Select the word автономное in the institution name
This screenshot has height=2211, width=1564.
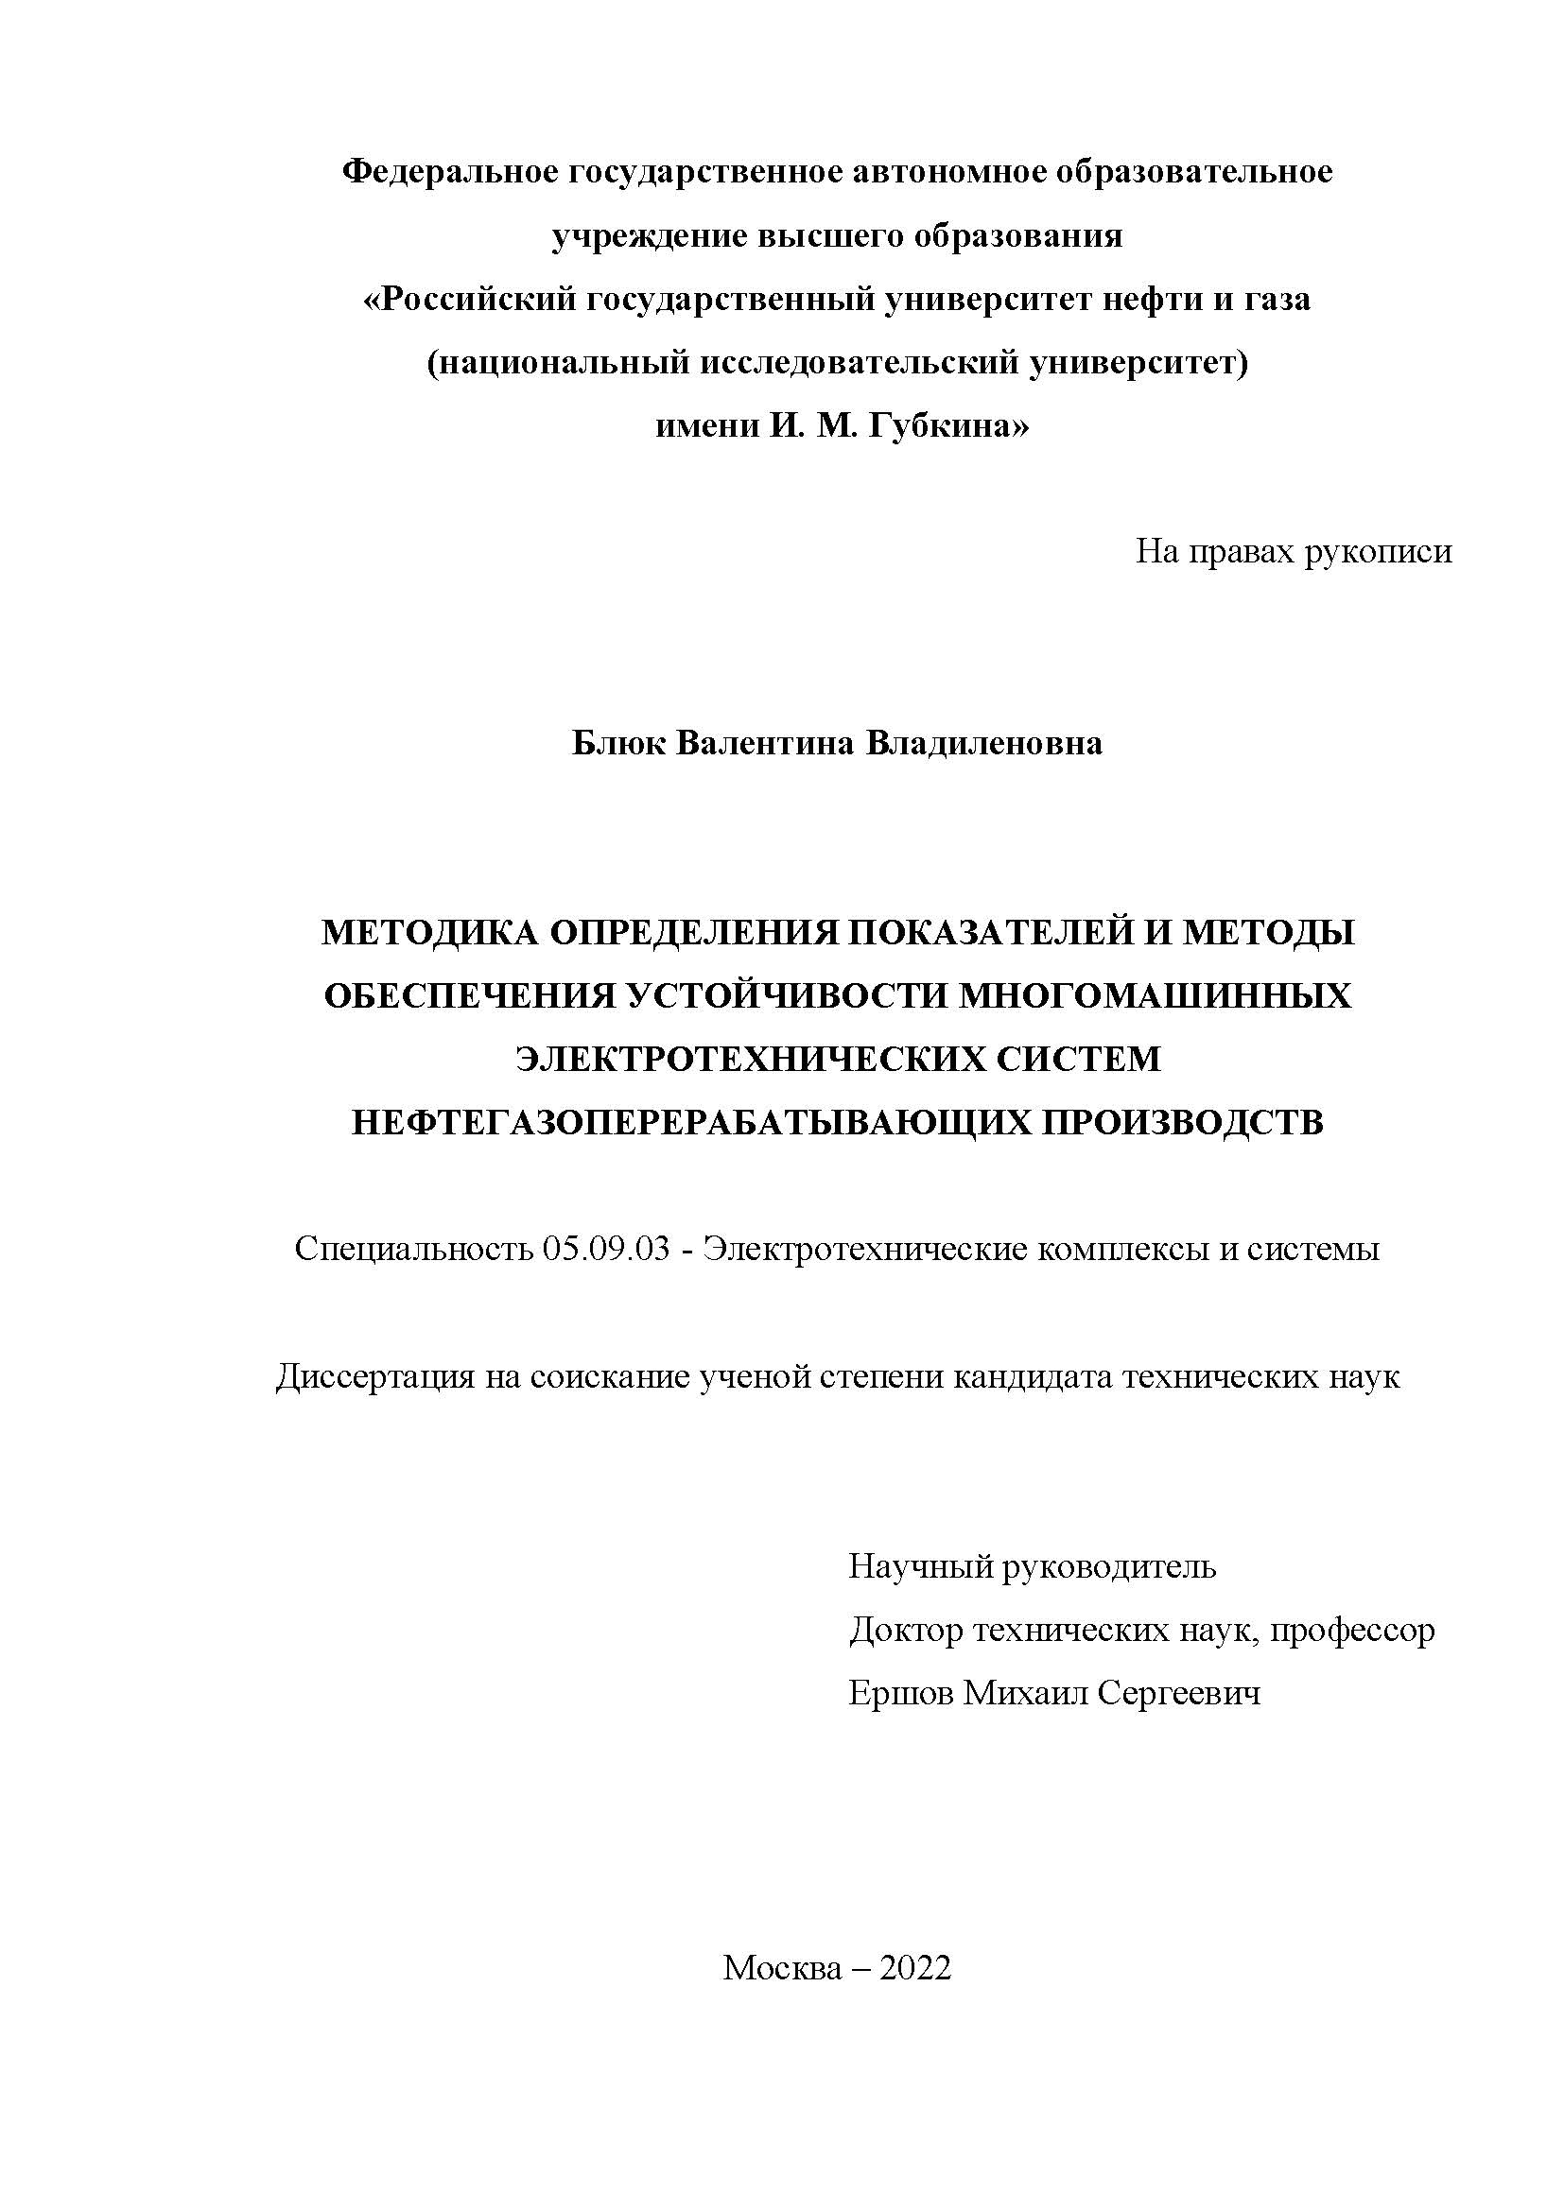(939, 172)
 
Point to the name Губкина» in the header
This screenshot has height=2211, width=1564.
(947, 425)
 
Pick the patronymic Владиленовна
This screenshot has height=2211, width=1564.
(985, 743)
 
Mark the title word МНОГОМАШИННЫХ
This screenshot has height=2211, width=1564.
(1155, 995)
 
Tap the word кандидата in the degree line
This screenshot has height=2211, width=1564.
(1025, 1377)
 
